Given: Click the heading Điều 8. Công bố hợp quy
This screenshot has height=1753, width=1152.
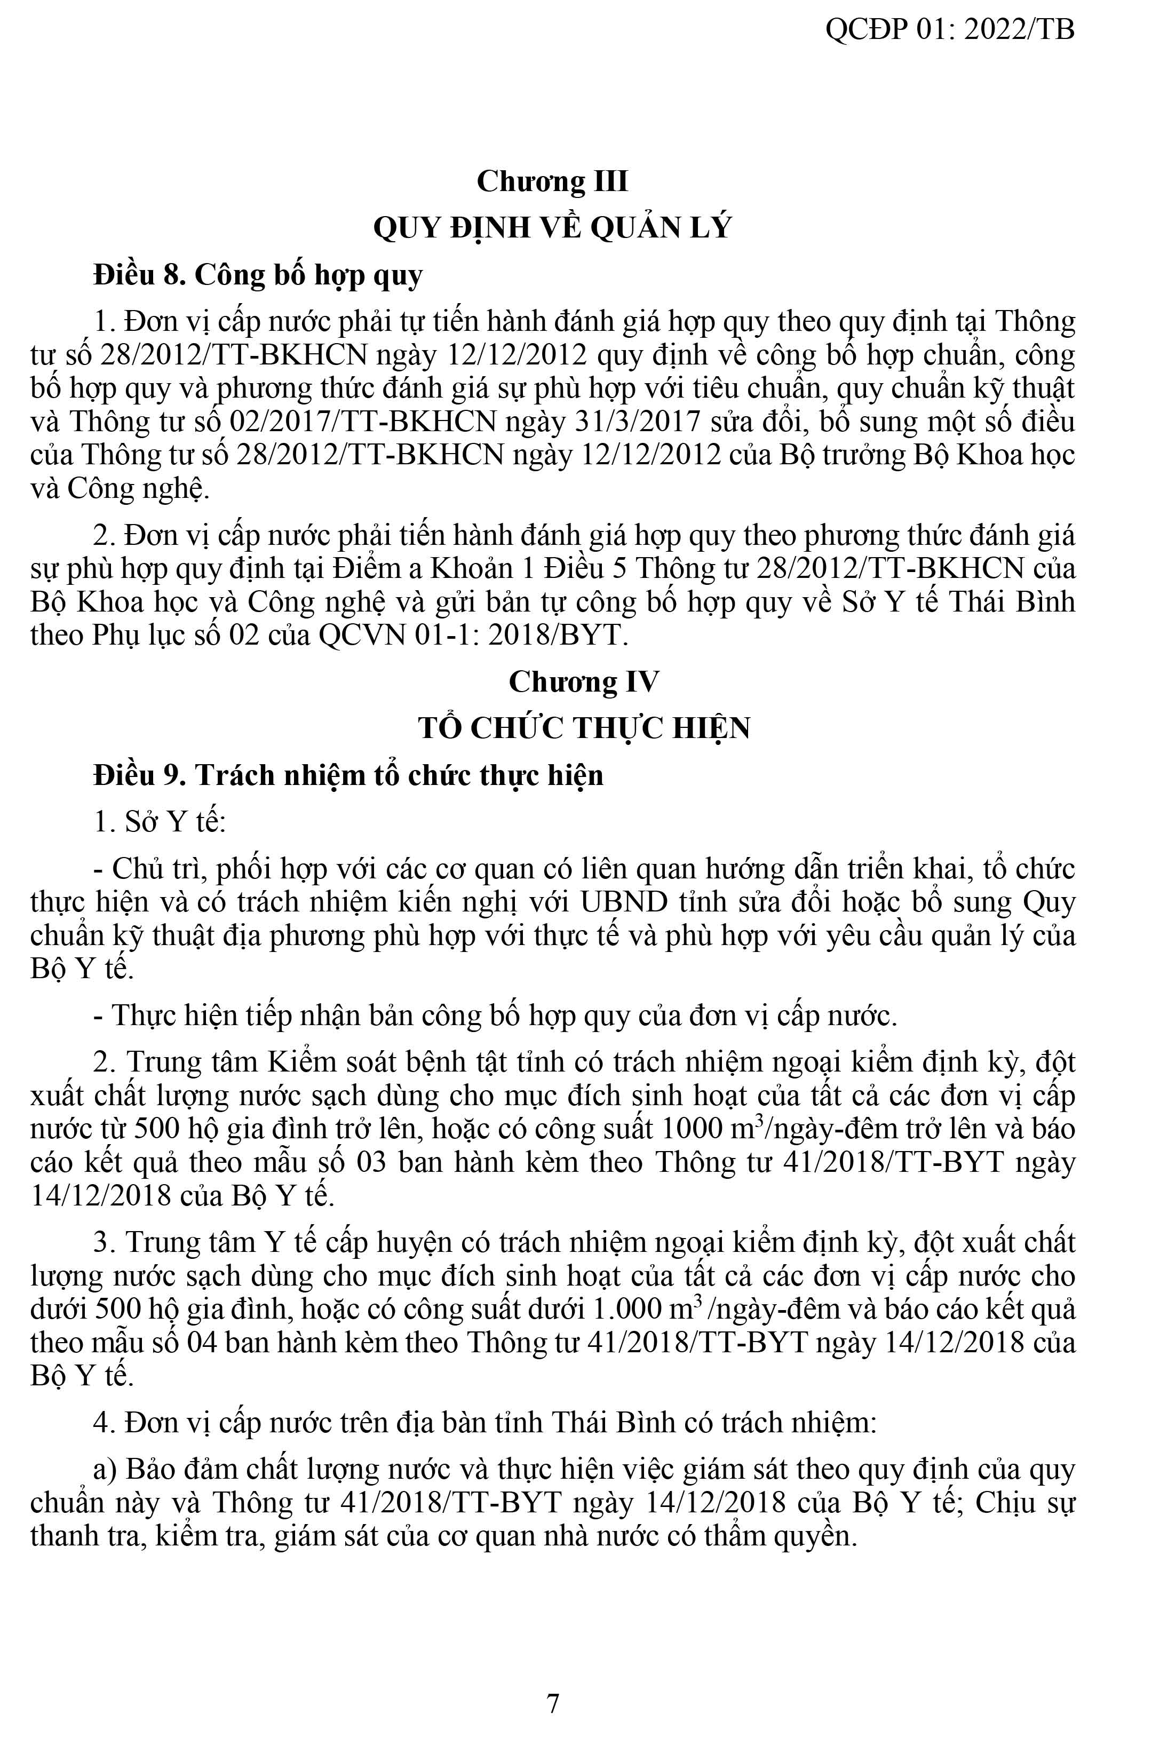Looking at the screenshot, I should coord(258,275).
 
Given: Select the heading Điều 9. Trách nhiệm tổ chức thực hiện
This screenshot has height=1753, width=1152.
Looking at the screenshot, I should coord(348,775).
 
